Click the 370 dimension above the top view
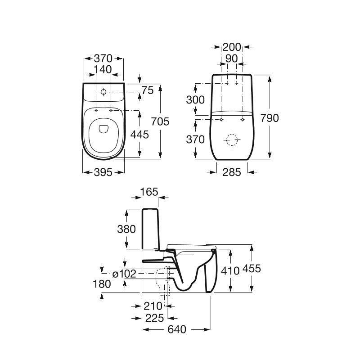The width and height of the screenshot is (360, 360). tap(103, 58)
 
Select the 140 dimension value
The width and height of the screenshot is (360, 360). tap(103, 69)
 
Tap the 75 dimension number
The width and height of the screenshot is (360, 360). tap(147, 90)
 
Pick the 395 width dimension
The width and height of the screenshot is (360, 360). tap(103, 172)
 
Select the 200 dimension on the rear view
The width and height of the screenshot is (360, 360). tap(232, 47)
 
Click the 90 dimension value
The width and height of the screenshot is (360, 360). tap(232, 58)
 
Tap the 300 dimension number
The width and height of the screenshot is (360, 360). tap(195, 100)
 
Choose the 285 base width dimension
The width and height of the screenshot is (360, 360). tap(232, 172)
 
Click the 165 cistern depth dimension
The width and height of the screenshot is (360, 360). tap(149, 192)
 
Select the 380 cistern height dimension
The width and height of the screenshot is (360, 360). tap(126, 229)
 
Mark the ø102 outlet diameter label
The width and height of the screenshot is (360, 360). tap(125, 273)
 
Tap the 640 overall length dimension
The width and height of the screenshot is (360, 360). tap(177, 330)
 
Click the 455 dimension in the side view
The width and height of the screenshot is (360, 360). tap(252, 269)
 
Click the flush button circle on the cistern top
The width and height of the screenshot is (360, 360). tap(103, 92)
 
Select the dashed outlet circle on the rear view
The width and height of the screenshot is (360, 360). tap(232, 140)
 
